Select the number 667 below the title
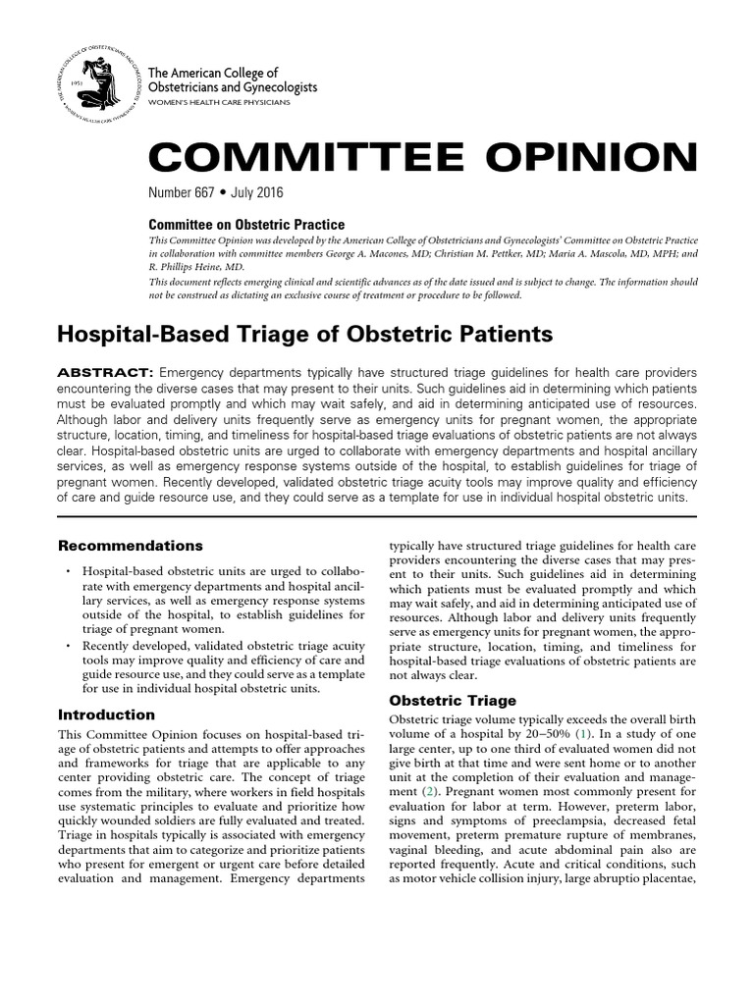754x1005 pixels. click(211, 192)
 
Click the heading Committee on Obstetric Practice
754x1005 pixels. click(246, 225)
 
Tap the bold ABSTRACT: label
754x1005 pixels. click(105, 373)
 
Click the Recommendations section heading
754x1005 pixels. click(131, 545)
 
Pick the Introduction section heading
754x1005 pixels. click(106, 714)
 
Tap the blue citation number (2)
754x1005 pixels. click(427, 790)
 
